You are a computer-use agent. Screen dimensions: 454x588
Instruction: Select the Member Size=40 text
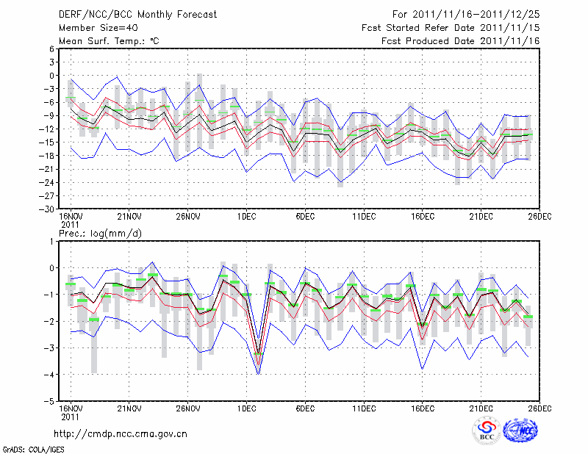click(94, 27)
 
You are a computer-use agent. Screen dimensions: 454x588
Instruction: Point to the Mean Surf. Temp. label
click(109, 40)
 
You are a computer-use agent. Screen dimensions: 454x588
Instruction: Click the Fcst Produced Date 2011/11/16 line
click(461, 40)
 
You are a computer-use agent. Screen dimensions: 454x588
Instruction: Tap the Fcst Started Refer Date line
click(451, 27)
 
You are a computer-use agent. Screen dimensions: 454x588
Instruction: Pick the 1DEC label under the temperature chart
click(246, 217)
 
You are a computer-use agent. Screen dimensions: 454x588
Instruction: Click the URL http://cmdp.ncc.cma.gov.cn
click(121, 433)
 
